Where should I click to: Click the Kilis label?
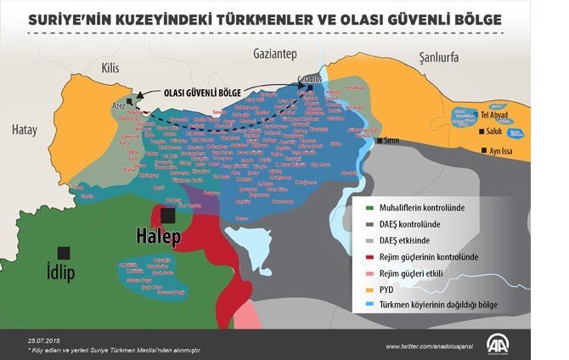pos(110,66)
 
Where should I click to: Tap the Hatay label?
pos(26,130)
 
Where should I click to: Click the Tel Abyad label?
pos(496,114)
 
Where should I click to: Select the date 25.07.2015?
pos(44,340)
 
